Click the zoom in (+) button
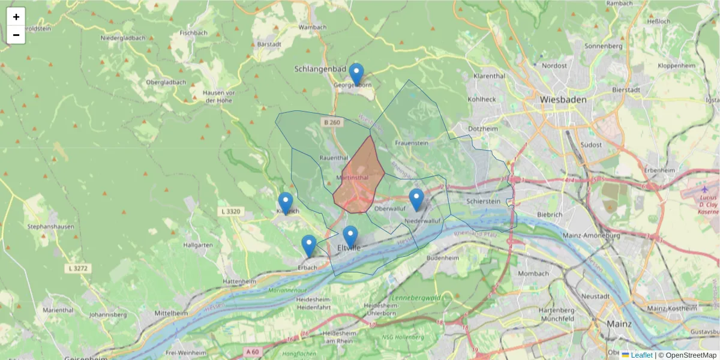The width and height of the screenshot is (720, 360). pos(16,17)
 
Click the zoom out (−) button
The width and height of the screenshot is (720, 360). pos(16,35)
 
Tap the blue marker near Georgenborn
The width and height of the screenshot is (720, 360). pos(356,74)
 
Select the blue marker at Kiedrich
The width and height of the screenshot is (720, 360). pos(286,203)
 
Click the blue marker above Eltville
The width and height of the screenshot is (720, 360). pos(350,237)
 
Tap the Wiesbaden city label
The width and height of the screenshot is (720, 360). pos(562,99)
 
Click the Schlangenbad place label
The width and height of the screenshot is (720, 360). pos(321,69)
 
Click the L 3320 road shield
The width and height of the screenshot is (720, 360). pos(230,211)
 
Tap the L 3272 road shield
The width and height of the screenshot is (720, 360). pos(79,268)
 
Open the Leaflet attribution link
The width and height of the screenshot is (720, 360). pos(641,355)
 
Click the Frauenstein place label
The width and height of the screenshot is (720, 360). pos(412,143)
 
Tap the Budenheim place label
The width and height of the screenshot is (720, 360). pos(442,257)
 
